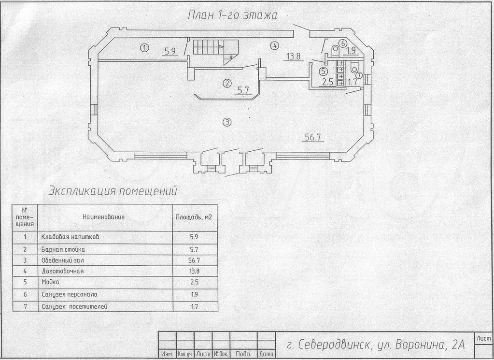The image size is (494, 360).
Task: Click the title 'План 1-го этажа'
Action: coord(232,15)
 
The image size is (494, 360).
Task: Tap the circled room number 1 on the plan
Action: coord(144,48)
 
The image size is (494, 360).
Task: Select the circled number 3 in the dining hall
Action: coord(227,122)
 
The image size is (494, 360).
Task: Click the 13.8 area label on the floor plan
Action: coord(293,57)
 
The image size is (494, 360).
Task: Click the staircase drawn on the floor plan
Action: coord(215,51)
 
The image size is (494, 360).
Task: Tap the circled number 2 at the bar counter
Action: coord(227,84)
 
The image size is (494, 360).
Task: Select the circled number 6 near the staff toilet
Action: coord(343,43)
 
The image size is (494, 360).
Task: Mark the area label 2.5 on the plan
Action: coord(327,82)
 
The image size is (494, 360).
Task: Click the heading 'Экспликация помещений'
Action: coord(113,191)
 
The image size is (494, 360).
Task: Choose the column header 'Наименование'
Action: coord(104,217)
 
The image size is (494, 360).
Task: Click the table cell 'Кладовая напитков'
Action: coord(70,236)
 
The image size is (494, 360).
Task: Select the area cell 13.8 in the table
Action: coord(195,271)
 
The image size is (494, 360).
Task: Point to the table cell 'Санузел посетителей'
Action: coord(74,306)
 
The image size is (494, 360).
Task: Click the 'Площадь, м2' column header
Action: coord(194,217)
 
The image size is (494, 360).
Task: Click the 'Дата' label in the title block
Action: coord(266,354)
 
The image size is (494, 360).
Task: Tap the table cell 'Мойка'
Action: coord(50,282)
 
